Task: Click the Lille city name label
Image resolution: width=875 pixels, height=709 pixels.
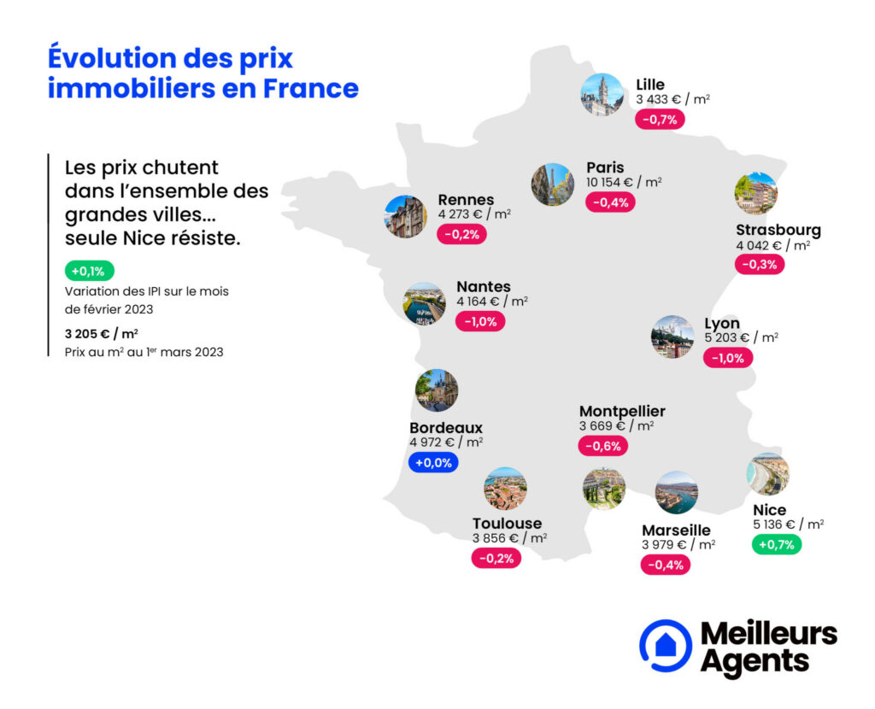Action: [x=650, y=85]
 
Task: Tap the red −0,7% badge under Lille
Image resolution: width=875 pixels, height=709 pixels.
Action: [x=660, y=120]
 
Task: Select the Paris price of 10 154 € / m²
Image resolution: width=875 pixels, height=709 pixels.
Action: [x=624, y=182]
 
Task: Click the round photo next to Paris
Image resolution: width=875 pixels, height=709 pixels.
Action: [x=552, y=185]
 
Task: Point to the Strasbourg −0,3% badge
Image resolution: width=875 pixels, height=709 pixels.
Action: [x=760, y=265]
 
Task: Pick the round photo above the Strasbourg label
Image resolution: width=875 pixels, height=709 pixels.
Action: [x=755, y=193]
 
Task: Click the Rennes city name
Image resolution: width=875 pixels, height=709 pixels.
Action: [x=466, y=200]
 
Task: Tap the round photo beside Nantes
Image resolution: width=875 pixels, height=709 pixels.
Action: [x=425, y=304]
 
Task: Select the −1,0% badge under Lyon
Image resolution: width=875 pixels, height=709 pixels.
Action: [x=728, y=358]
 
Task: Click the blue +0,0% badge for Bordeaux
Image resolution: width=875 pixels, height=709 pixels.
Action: [x=433, y=463]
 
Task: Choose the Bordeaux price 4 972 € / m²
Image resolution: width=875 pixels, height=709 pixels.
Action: [x=446, y=442]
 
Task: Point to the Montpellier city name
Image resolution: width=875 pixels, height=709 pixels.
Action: [x=622, y=412]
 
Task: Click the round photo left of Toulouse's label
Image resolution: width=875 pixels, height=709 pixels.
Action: [x=505, y=489]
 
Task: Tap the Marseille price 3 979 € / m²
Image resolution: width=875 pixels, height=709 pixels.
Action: [x=678, y=545]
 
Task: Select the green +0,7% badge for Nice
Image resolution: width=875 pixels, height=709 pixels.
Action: [x=776, y=544]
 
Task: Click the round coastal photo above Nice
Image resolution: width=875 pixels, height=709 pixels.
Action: [x=767, y=474]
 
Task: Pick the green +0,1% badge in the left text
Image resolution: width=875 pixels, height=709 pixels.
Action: [x=88, y=272]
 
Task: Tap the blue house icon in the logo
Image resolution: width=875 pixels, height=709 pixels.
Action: [x=665, y=645]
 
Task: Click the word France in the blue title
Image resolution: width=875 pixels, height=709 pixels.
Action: [x=311, y=88]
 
